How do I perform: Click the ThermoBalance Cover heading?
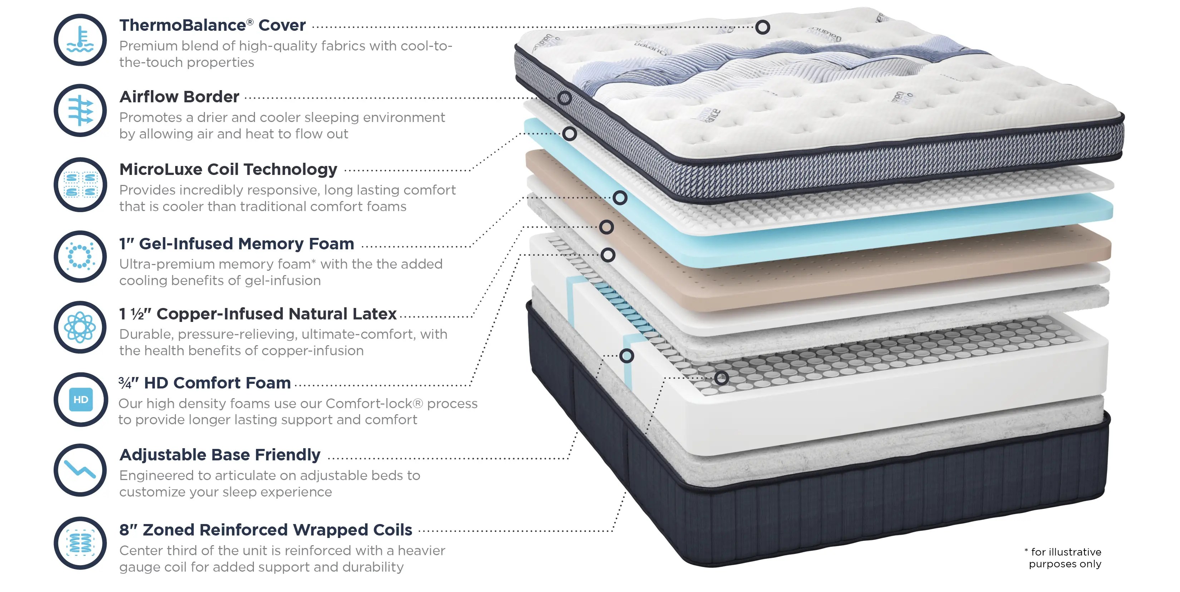(x=212, y=25)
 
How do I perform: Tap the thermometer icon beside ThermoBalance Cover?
(x=80, y=40)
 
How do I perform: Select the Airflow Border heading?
(x=179, y=97)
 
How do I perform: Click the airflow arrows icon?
(x=80, y=111)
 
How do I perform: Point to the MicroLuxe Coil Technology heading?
(x=228, y=169)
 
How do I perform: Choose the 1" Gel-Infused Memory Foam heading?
(x=236, y=243)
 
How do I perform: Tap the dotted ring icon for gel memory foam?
(x=80, y=256)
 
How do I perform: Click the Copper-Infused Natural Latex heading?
(x=257, y=314)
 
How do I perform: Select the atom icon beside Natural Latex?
(x=80, y=327)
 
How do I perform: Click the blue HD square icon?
(x=80, y=400)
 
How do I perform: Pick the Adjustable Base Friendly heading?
(x=220, y=455)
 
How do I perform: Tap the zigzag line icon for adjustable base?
(x=80, y=470)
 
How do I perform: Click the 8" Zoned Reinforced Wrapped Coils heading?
(x=266, y=530)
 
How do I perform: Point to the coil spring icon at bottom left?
(x=80, y=543)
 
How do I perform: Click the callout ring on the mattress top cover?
(x=762, y=27)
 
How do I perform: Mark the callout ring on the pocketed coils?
(x=721, y=378)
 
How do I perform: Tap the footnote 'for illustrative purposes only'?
(x=1065, y=558)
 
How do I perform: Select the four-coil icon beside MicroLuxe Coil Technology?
(x=80, y=185)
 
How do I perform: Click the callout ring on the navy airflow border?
(x=564, y=98)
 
